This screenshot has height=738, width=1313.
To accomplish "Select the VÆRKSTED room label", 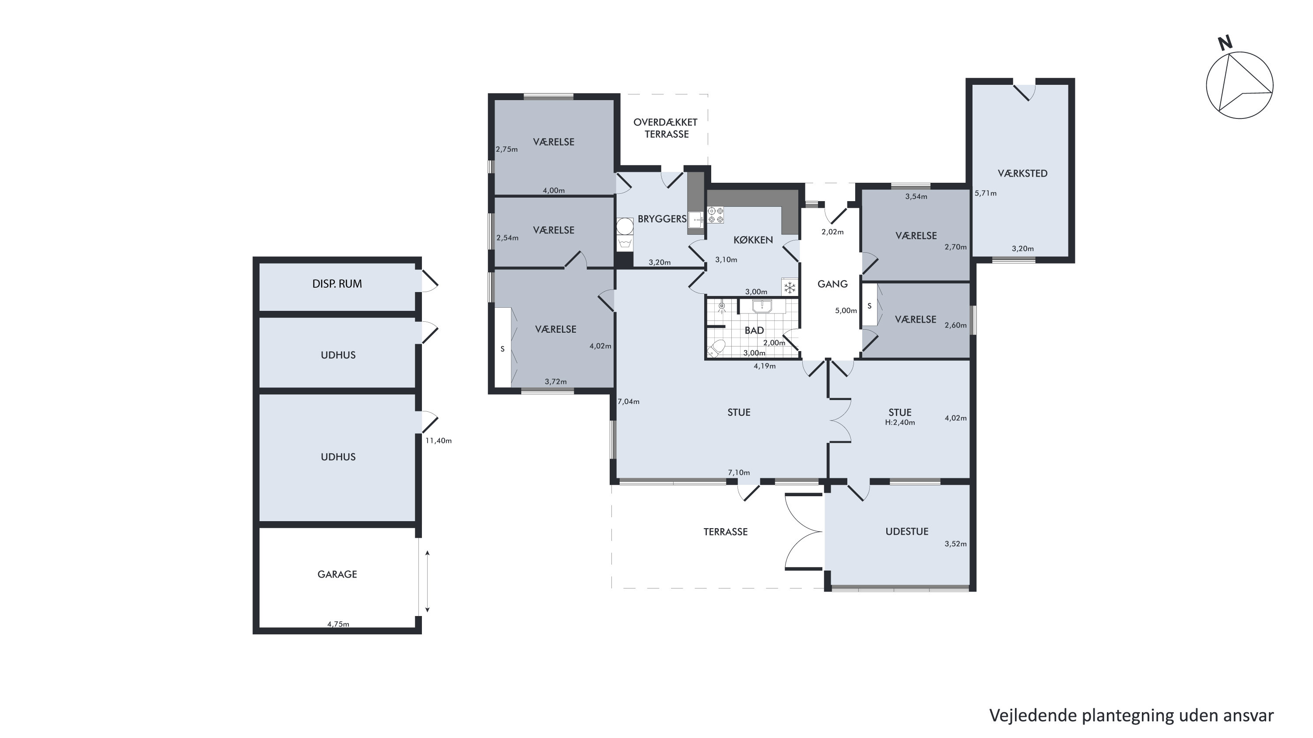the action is coord(1022,174).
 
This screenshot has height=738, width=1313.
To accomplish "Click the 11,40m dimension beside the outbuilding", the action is coord(439,441).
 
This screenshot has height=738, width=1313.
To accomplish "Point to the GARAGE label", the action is coord(337,574).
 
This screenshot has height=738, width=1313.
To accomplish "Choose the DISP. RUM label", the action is coord(337,284).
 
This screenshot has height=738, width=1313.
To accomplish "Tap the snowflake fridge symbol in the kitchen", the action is coord(790,288).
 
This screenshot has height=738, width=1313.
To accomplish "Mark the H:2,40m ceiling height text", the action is coord(900,423).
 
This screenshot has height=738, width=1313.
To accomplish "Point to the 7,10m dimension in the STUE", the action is coord(739,473).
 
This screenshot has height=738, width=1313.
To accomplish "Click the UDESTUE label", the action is coord(907,532).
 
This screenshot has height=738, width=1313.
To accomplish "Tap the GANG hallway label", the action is coord(832,284).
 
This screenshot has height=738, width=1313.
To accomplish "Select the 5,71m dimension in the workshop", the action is coord(985,194).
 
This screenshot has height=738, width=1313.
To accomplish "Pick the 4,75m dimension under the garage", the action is coord(338,624).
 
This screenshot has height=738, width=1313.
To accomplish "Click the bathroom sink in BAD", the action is coord(762,306).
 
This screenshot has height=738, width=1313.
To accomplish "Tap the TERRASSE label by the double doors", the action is coord(725,532).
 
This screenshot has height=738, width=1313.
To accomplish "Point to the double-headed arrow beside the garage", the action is coord(427,581).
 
